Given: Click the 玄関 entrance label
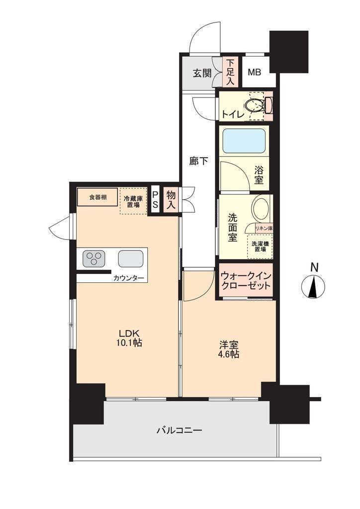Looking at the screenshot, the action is (x=202, y=73).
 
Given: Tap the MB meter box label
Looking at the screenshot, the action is (x=254, y=72).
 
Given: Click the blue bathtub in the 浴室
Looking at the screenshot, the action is (x=244, y=141).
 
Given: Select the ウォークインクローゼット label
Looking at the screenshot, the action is (x=246, y=281).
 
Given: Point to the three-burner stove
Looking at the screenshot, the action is (x=95, y=258).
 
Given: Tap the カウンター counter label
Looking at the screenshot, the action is (x=129, y=278).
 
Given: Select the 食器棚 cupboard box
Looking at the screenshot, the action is (x=97, y=197).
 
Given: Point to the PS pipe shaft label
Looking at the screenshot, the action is (x=156, y=199).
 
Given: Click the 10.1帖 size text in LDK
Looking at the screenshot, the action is (x=129, y=343).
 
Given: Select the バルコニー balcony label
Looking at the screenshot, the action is (x=180, y=430).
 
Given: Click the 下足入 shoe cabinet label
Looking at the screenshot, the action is (x=230, y=72).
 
